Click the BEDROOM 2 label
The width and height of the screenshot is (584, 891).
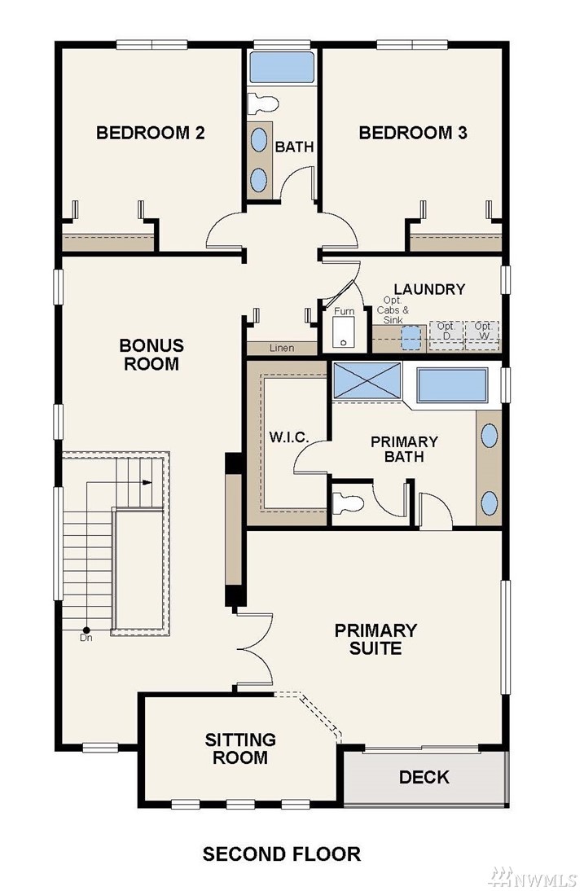tap(151, 133)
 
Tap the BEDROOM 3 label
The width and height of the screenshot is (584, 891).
tap(413, 133)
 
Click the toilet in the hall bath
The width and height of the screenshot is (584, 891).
tap(264, 103)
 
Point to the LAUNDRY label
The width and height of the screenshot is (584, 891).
tap(429, 289)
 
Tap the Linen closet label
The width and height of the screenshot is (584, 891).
tap(282, 348)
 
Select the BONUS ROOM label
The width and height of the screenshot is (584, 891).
tap(151, 354)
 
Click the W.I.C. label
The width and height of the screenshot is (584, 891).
tap(288, 437)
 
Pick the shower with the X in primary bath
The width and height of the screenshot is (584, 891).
tap(367, 381)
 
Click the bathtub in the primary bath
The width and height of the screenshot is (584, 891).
tap(452, 386)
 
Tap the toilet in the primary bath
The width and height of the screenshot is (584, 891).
tap(348, 503)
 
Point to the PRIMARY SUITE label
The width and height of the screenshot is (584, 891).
tap(375, 639)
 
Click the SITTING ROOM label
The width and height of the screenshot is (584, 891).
tap(240, 748)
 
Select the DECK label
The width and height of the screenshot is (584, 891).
tap(424, 777)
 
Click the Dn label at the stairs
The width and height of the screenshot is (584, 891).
tap(86, 638)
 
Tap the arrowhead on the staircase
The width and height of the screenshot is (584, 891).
tap(147, 482)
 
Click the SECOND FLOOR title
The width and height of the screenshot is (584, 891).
tap(282, 854)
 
